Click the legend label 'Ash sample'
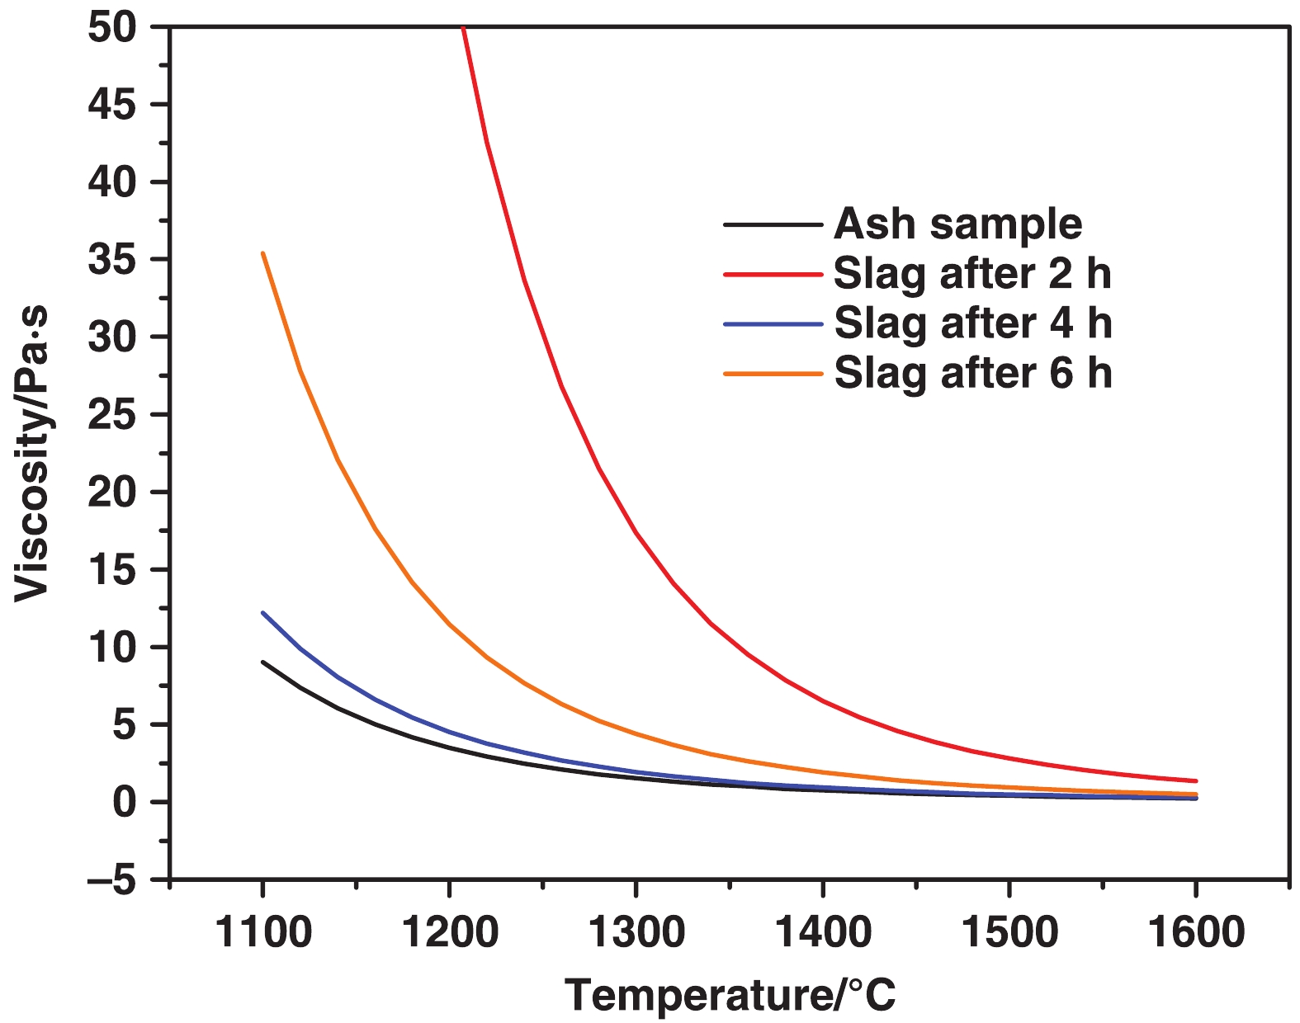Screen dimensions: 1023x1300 click(x=957, y=224)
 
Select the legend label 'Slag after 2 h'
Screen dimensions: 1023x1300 click(x=972, y=274)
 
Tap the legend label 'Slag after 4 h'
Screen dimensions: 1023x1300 click(x=972, y=323)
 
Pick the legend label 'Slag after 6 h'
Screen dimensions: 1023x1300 click(x=972, y=374)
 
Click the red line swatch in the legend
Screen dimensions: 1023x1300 click(x=773, y=274)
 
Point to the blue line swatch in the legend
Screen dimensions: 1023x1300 click(x=773, y=324)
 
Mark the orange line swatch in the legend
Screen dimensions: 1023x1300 click(x=773, y=374)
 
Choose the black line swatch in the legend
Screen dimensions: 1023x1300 click(x=773, y=224)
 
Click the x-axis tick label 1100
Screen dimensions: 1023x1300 click(x=262, y=932)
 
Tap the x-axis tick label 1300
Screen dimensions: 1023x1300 click(x=636, y=932)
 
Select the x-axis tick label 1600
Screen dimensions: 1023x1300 click(x=1195, y=932)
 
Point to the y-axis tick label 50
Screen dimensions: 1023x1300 click(x=112, y=28)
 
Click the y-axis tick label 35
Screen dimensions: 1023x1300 click(x=112, y=260)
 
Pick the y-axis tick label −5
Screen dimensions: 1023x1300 click(x=112, y=880)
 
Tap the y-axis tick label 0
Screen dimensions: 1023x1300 click(x=124, y=802)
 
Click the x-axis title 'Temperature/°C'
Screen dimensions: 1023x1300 click(x=730, y=995)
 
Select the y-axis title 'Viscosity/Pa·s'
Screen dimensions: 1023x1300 click(x=33, y=454)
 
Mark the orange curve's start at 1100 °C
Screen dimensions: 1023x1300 click(x=262, y=253)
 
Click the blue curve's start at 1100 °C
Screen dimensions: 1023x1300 click(x=262, y=613)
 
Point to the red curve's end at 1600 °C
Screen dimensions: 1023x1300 click(x=1195, y=780)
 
